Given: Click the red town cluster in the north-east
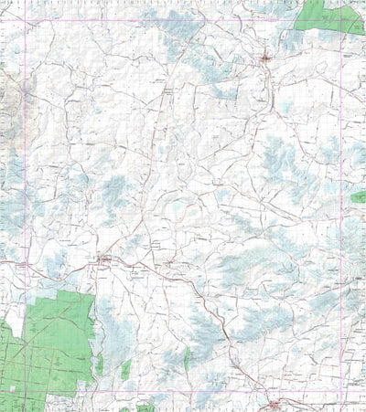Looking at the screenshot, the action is (265, 60).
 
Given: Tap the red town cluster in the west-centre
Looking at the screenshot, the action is (105, 263).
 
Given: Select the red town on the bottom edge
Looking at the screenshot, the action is (274, 402).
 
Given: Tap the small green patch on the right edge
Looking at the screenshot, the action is (358, 196).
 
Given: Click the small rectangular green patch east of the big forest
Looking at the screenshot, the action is (125, 369).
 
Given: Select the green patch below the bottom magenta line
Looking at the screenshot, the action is (145, 407).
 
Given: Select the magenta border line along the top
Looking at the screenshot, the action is (183, 21).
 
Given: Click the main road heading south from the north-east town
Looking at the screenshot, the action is (272, 91).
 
